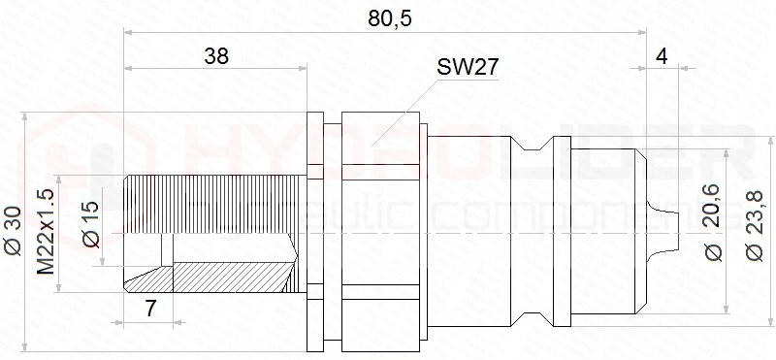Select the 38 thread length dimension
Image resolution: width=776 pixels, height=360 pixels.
(x=216, y=56)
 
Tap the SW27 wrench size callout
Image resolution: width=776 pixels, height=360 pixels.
(x=468, y=67)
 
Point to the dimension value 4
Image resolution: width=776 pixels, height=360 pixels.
(x=662, y=56)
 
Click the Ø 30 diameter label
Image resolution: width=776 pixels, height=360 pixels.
(x=13, y=231)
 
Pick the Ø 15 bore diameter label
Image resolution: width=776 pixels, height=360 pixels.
(x=91, y=224)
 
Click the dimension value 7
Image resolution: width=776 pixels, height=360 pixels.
(x=150, y=309)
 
